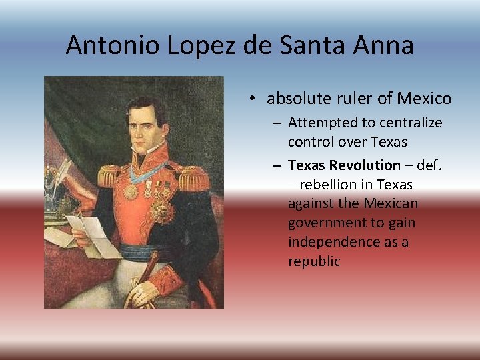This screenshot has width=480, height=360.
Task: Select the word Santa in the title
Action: click(x=319, y=45)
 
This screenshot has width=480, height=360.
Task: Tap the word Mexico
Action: click(x=424, y=99)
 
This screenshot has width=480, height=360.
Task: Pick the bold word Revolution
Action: click(x=363, y=165)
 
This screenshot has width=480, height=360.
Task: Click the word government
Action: click(x=325, y=223)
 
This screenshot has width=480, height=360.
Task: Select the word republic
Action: click(x=314, y=261)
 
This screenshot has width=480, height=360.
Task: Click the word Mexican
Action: click(x=393, y=204)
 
